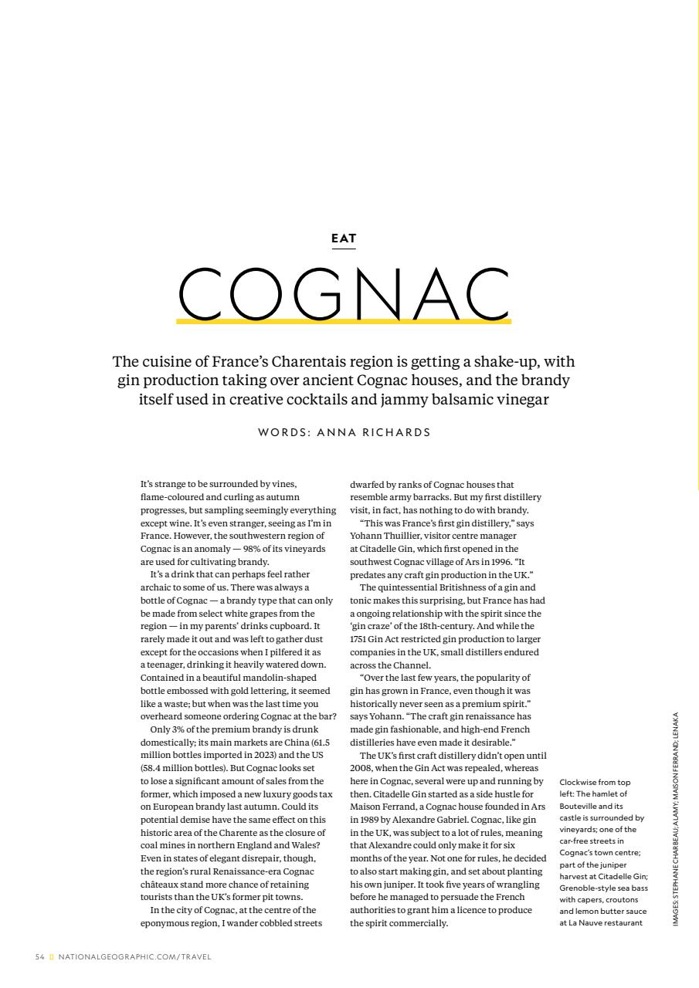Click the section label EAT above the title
point(344,239)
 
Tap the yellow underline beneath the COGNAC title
point(344,320)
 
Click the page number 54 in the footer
point(39,957)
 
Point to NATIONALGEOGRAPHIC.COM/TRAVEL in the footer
point(135,957)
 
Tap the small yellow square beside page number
point(52,957)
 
